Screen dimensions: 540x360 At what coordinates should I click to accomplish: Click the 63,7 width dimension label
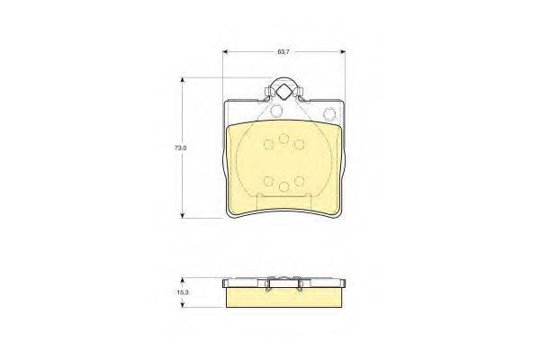coord(283,52)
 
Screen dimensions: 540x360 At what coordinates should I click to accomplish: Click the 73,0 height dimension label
coord(181,148)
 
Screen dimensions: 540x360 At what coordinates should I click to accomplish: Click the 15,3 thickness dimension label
coord(183,292)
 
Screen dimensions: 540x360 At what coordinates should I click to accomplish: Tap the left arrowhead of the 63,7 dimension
coord(226,52)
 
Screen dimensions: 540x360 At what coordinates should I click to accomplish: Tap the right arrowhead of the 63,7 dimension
coord(342,52)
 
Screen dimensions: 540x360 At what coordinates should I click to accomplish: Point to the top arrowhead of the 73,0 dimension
coord(183,80)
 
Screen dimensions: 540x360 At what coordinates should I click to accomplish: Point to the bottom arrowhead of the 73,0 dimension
coord(183,215)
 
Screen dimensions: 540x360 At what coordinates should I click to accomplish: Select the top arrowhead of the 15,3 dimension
coord(183,281)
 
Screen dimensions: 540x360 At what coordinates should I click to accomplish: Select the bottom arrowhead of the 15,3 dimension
coord(183,304)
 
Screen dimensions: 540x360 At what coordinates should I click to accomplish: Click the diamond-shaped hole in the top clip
coord(283,93)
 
